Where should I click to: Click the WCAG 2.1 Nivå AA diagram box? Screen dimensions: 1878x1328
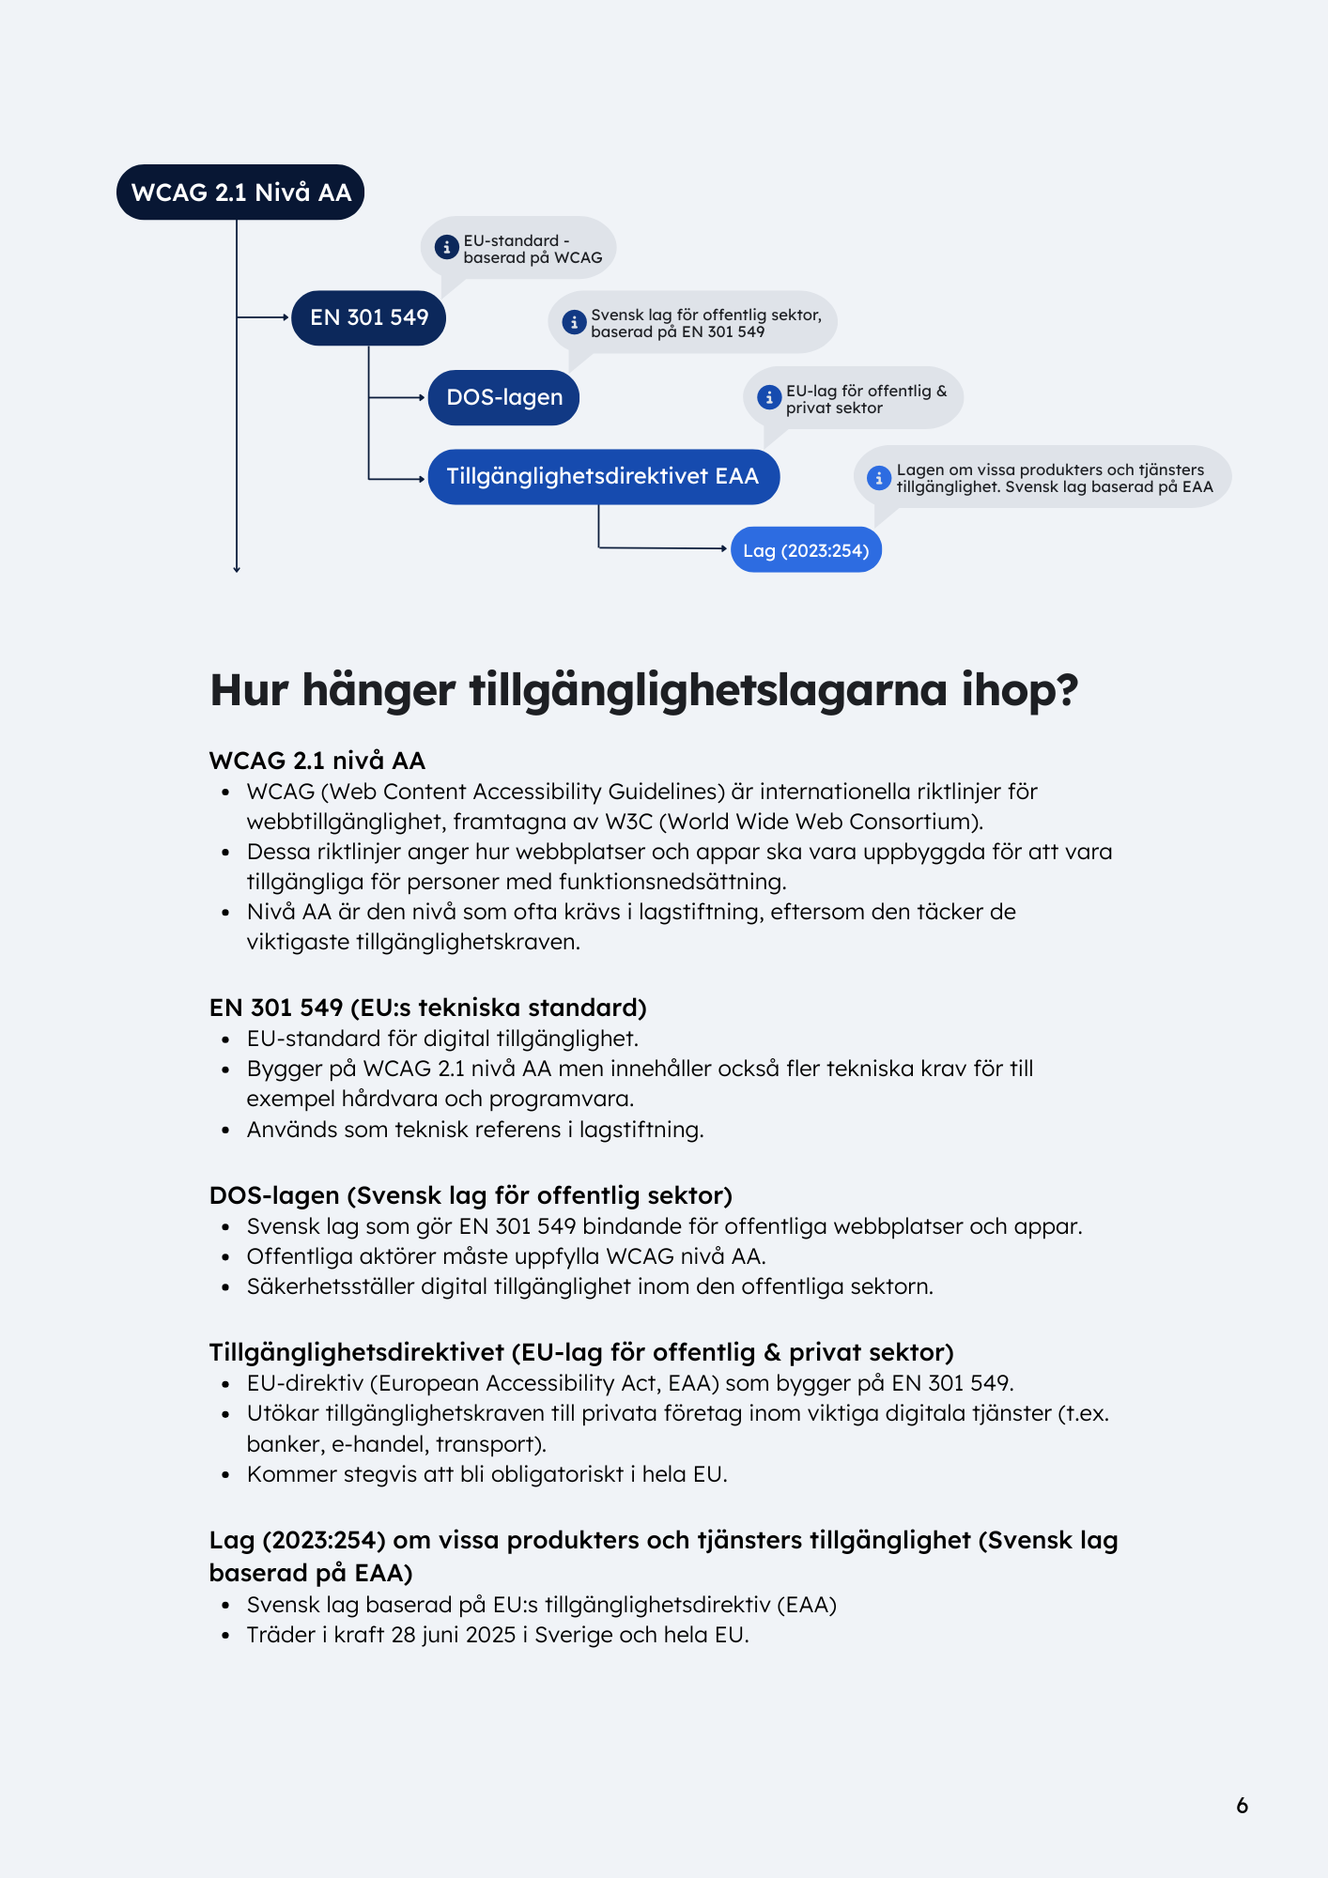240,192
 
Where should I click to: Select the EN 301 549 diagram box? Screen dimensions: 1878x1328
368,317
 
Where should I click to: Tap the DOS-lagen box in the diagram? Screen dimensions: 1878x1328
503,397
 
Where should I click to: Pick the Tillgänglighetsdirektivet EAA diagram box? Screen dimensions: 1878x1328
603,476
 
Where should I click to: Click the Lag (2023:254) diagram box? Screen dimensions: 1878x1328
806,550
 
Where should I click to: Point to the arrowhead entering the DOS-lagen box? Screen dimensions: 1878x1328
423,397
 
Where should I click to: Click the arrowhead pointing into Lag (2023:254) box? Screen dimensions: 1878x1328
724,548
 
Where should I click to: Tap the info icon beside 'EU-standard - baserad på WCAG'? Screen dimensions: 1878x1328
446,248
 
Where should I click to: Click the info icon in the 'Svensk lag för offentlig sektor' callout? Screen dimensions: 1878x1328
574,322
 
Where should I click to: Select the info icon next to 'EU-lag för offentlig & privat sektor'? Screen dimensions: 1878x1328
769,397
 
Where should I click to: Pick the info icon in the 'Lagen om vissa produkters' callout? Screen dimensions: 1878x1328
878,477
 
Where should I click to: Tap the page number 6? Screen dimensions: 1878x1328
1242,1805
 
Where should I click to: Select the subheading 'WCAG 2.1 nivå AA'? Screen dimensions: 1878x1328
317,761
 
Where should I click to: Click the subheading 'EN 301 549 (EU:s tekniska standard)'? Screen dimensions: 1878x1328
427,1008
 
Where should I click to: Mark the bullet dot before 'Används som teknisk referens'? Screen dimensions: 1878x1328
225,1130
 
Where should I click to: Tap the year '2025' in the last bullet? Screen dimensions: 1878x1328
490,1635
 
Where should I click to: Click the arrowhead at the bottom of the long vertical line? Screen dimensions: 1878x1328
237,568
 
